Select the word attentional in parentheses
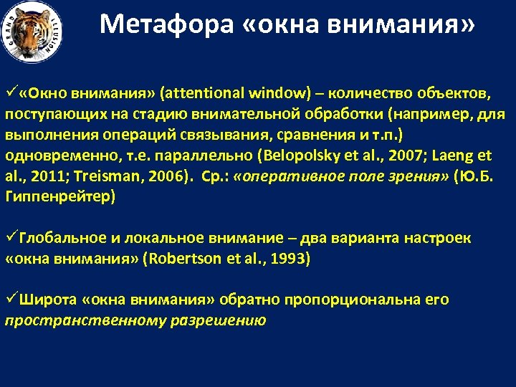[204, 93]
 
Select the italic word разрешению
[218, 320]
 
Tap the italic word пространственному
[85, 320]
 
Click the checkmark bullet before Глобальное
[11, 238]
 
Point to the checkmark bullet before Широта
[11, 300]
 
